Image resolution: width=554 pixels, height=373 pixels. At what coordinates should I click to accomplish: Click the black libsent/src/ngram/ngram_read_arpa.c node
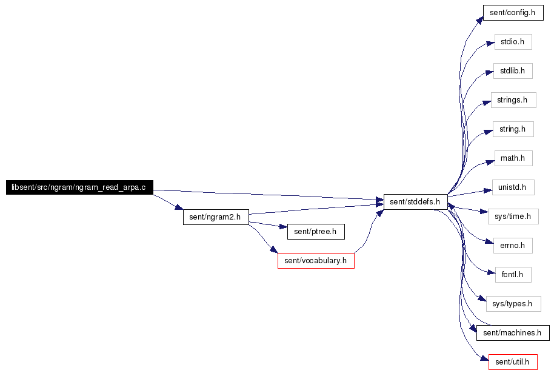tap(79, 187)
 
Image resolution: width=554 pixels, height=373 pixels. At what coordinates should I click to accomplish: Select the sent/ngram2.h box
tap(216, 217)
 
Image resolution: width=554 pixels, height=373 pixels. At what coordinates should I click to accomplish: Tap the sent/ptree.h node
tap(316, 232)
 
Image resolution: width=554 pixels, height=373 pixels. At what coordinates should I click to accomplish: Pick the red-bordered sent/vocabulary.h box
tap(316, 261)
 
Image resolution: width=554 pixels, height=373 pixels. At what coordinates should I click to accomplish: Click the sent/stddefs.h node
tap(416, 202)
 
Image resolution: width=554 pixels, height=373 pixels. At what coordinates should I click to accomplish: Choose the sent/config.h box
tap(513, 13)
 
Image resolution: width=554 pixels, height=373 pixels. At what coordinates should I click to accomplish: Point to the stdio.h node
tap(513, 42)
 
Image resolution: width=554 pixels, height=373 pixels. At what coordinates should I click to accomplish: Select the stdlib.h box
tap(513, 71)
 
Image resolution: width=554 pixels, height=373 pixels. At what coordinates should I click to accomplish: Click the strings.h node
tap(513, 100)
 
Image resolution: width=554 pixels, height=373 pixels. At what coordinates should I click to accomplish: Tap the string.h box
tap(513, 129)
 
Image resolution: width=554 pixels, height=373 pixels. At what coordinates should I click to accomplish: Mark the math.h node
tap(513, 158)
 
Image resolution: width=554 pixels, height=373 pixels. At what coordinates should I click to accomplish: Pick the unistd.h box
tap(513, 187)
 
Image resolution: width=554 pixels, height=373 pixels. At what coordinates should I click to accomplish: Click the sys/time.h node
tap(513, 217)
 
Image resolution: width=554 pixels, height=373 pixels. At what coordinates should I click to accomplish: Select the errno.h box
tap(513, 246)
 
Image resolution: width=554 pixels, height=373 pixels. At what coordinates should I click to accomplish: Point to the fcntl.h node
tap(513, 275)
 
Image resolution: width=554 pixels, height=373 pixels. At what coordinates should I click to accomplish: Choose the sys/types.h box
tap(513, 304)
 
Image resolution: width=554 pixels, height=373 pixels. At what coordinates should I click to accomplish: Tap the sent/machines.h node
tap(513, 333)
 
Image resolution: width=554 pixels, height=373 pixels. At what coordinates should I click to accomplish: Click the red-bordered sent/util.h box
tap(513, 362)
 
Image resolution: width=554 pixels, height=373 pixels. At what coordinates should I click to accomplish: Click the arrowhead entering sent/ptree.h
tap(284, 227)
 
